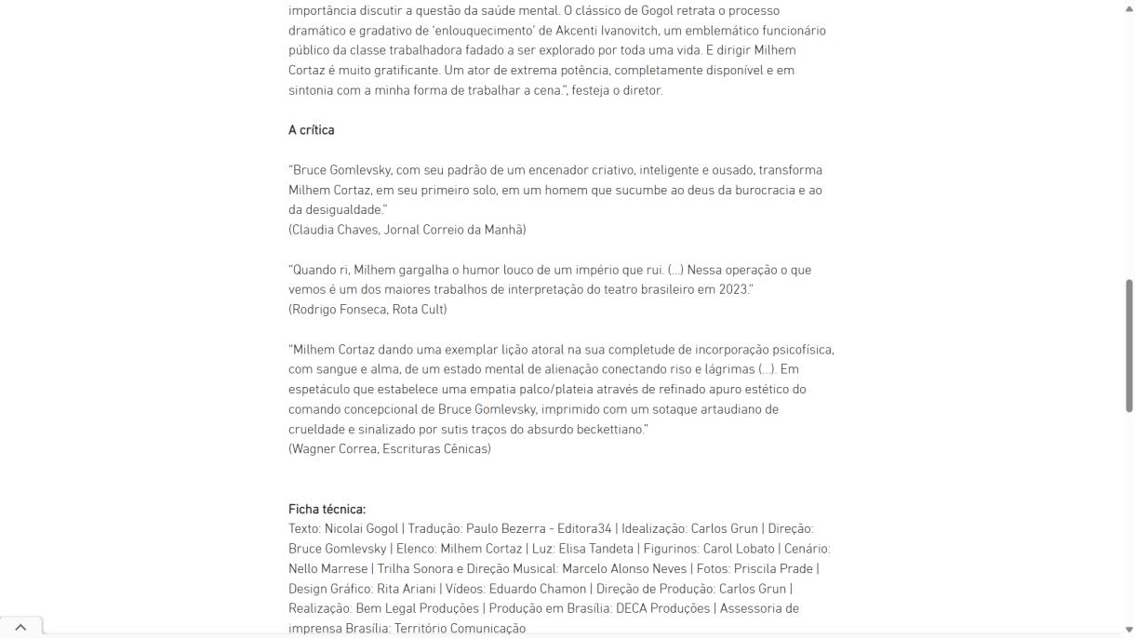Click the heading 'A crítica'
(311, 130)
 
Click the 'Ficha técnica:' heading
(327, 509)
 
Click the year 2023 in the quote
(732, 289)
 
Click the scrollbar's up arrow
(1129, 7)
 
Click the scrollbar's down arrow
(1129, 629)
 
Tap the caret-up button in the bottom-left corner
(20, 628)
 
